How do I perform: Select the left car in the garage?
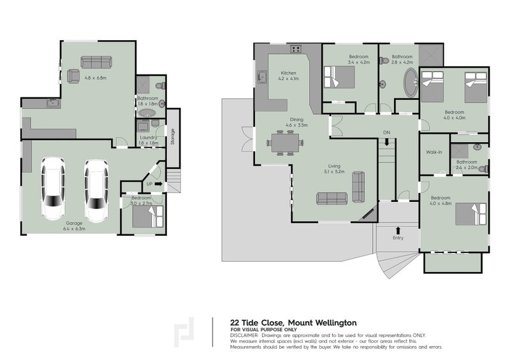pyautogui.click(x=52, y=190)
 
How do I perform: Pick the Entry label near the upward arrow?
pyautogui.click(x=398, y=238)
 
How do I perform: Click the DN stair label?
pyautogui.click(x=386, y=132)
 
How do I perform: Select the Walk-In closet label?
pyautogui.click(x=435, y=152)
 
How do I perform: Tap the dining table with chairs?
pyautogui.click(x=281, y=143)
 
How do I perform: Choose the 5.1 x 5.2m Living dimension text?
pyautogui.click(x=335, y=171)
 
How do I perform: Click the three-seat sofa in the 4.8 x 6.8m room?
pyautogui.click(x=96, y=62)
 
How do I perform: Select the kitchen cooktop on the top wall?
pyautogui.click(x=296, y=49)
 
